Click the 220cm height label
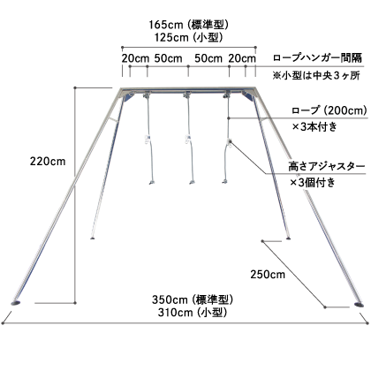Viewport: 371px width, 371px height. click(48, 162)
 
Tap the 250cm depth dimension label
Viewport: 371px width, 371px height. click(268, 275)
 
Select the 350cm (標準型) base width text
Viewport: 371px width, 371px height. click(193, 299)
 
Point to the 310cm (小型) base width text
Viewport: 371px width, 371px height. click(193, 312)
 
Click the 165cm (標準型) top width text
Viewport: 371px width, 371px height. click(188, 25)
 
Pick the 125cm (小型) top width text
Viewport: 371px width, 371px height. click(188, 37)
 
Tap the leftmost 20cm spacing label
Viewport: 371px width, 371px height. click(135, 58)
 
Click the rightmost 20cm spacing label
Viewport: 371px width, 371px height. click(242, 58)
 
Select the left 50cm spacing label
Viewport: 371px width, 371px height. click(169, 58)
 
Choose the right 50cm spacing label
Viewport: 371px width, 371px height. click(208, 58)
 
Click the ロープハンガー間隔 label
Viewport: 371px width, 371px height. click(318, 57)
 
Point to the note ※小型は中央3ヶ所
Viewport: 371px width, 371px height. click(316, 76)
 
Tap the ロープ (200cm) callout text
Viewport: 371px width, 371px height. click(329, 110)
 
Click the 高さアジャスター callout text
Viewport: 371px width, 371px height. click(327, 167)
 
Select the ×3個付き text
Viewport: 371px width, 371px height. click(313, 183)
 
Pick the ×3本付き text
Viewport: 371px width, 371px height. click(314, 127)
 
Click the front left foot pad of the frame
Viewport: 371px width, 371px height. click(15, 302)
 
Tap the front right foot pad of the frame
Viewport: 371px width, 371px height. click(359, 304)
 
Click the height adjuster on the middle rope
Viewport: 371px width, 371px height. click(187, 139)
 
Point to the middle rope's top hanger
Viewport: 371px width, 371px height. click(187, 95)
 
